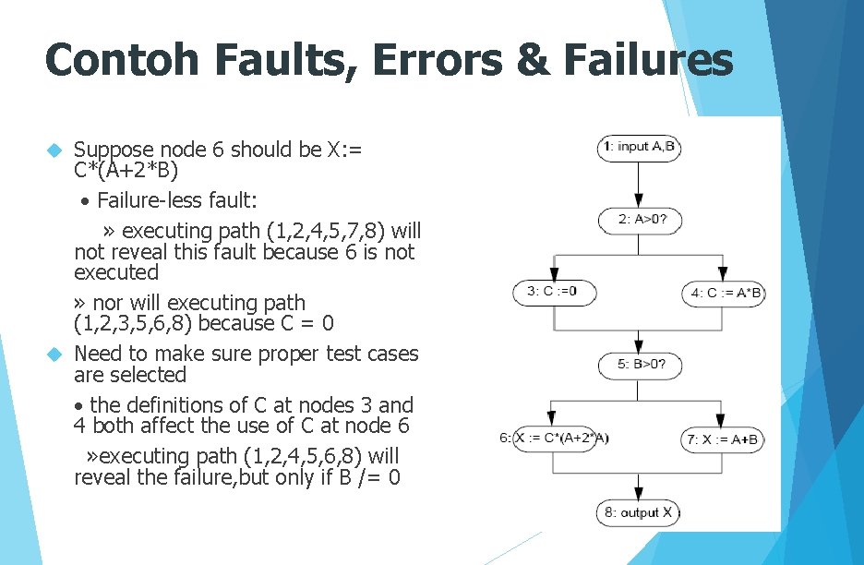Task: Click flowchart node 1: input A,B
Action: [639, 147]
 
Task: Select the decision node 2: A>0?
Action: [639, 220]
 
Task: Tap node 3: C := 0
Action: [554, 292]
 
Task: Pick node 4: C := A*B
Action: [724, 294]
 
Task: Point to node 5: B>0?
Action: [639, 366]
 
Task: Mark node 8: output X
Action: [639, 512]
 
